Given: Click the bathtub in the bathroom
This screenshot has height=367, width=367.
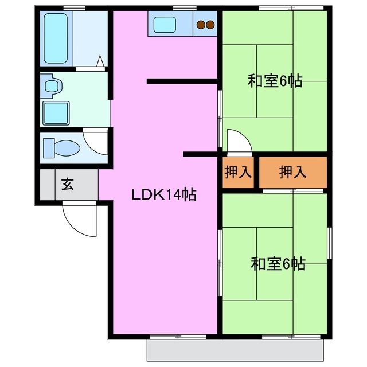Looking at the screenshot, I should click(x=56, y=38).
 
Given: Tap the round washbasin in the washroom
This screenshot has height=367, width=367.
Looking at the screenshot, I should click(x=52, y=87).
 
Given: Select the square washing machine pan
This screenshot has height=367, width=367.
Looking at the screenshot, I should click(x=56, y=112).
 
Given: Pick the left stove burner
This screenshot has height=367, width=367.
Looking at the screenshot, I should click(x=201, y=25).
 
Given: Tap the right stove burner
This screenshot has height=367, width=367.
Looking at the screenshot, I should click(x=210, y=25).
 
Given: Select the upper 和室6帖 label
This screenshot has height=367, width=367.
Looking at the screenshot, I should click(x=275, y=81).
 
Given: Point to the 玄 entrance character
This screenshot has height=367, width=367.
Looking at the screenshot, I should click(x=68, y=185).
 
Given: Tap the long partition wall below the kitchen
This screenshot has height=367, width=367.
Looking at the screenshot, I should click(x=181, y=81).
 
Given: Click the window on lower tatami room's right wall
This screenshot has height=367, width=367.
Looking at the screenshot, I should click(x=330, y=243).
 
